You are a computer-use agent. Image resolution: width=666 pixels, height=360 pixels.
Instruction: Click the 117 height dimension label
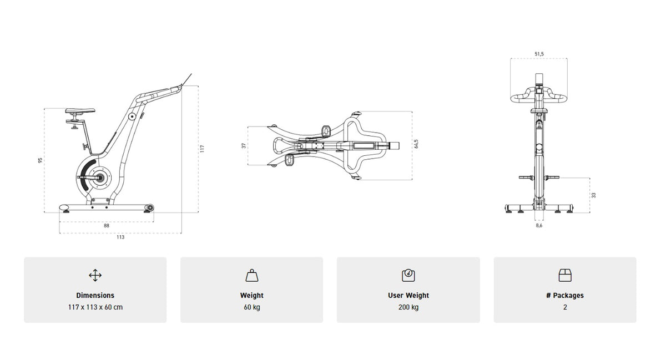(x=203, y=149)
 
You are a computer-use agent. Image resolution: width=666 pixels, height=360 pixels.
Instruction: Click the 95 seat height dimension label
(x=40, y=160)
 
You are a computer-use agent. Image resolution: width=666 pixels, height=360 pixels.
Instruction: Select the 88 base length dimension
(x=106, y=226)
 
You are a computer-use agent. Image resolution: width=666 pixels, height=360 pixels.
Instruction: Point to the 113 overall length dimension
(x=120, y=237)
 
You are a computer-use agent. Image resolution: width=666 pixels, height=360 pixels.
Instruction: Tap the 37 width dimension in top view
(x=244, y=145)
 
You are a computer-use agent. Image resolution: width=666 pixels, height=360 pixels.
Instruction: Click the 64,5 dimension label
(x=416, y=144)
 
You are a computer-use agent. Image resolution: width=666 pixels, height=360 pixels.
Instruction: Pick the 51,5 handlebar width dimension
(x=539, y=54)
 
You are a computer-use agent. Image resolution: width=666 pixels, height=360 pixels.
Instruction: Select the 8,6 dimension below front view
(x=539, y=226)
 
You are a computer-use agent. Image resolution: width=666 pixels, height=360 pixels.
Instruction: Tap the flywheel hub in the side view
(x=100, y=178)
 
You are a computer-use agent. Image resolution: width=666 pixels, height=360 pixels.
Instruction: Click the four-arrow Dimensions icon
(x=95, y=275)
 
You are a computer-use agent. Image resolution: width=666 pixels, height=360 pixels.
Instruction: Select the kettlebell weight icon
(x=251, y=275)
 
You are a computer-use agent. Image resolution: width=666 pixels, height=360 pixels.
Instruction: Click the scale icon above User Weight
(x=408, y=275)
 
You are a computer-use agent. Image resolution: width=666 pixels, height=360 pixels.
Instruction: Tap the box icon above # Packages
(x=565, y=275)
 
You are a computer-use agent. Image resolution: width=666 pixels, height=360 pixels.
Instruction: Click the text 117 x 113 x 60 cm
(x=95, y=307)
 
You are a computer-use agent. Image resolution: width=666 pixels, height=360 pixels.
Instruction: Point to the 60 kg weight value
(x=251, y=307)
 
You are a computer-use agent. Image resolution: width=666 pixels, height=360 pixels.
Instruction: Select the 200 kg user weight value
(x=408, y=307)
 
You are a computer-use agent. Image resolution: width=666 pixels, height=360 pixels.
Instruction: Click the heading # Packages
(x=565, y=296)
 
